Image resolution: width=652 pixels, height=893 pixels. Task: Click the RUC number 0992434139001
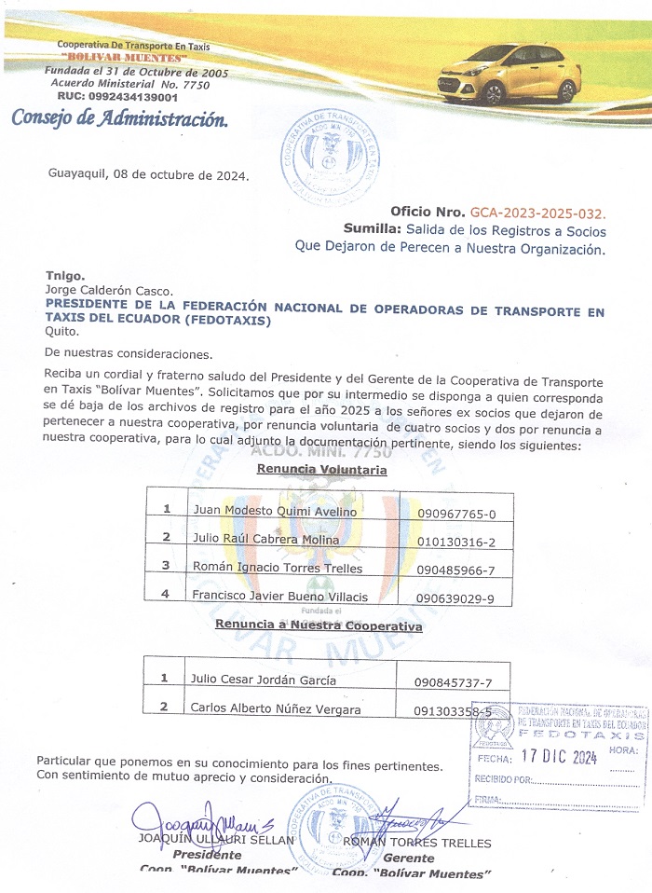pos(117,97)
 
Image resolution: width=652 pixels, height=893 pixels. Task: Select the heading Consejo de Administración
pos(118,119)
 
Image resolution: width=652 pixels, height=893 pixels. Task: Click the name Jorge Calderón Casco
pos(109,291)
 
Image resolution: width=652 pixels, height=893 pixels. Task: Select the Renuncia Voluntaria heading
pos(321,471)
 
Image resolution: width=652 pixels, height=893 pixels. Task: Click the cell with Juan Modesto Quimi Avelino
pos(274,511)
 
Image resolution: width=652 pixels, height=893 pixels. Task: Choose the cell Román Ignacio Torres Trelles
pos(278,568)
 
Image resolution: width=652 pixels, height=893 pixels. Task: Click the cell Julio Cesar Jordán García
pos(265,680)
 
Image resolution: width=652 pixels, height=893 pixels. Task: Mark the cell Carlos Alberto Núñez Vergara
pos(275,708)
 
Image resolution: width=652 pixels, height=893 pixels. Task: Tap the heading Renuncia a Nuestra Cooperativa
pos(319,626)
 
